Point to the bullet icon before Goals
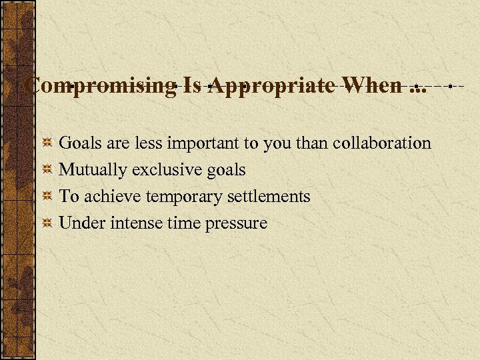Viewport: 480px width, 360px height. click(47, 143)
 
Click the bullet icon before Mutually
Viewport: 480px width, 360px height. click(47, 170)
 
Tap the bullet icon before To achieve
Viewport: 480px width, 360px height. click(47, 197)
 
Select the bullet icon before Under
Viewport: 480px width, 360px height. click(47, 223)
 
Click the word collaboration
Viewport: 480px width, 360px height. click(381, 143)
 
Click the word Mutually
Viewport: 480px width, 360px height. click(93, 170)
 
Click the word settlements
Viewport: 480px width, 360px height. click(272, 196)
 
